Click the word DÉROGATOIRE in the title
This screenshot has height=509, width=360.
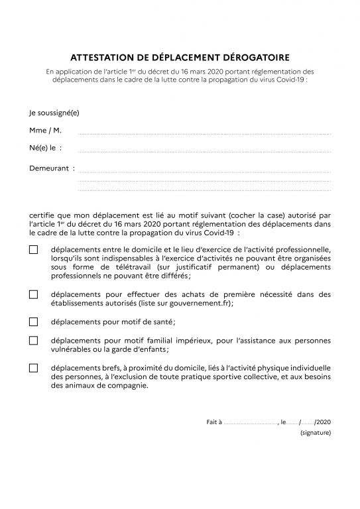[x=254, y=58]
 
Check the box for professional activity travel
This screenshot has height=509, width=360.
[x=34, y=250]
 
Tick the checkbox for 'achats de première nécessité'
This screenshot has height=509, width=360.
[x=34, y=294]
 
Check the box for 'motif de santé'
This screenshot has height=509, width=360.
[x=34, y=322]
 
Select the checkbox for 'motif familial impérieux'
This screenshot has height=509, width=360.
[x=34, y=341]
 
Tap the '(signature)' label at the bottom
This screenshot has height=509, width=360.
[x=315, y=432]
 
